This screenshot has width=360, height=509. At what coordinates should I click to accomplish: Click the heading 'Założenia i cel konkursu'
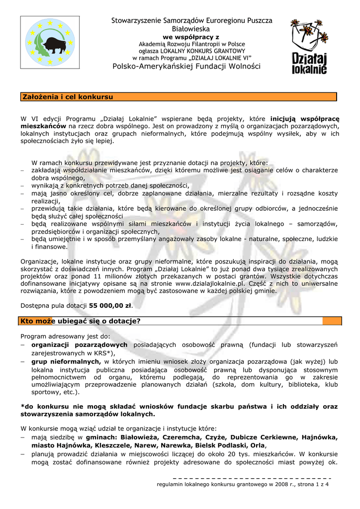(x=67, y=96)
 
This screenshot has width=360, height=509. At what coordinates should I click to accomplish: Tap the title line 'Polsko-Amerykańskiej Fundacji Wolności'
(x=186, y=67)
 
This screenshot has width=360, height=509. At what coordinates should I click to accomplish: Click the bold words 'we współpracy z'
(x=191, y=37)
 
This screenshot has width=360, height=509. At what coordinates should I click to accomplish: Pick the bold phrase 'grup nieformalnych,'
(x=67, y=361)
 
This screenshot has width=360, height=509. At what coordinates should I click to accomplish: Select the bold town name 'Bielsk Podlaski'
(x=223, y=446)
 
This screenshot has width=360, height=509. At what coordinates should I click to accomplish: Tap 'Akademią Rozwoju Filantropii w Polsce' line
(x=191, y=44)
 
